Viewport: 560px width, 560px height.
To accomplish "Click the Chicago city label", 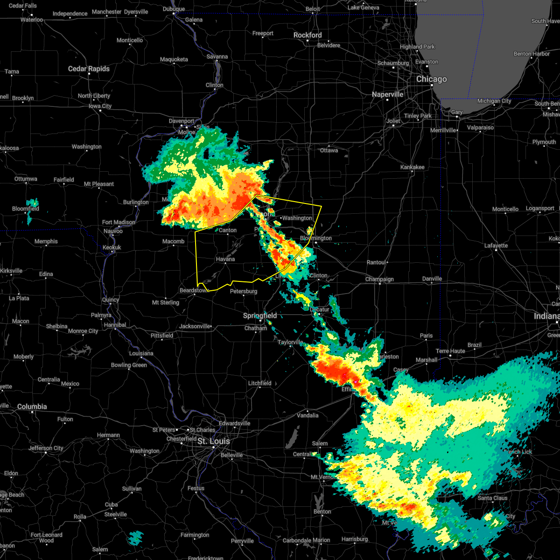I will click(x=431, y=79).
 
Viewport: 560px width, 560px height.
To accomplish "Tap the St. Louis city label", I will click(x=213, y=441).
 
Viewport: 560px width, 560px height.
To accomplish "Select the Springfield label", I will click(x=260, y=316).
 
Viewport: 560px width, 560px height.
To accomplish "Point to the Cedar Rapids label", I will click(x=89, y=69).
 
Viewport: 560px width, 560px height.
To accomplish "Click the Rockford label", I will click(x=308, y=35).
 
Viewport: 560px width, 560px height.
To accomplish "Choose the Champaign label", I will click(x=379, y=280).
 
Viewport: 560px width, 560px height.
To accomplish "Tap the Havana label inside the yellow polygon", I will click(x=225, y=259).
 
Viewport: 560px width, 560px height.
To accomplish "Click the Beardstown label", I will click(x=193, y=290).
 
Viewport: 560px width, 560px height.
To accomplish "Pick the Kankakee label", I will click(x=412, y=167).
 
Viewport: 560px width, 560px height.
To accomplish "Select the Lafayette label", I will click(x=496, y=245).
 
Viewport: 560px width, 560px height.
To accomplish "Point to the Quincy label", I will click(x=110, y=300).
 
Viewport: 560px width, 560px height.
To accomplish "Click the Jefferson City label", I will click(x=46, y=448).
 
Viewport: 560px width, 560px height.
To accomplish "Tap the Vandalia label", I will click(x=308, y=415).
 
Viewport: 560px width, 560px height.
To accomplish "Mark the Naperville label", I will click(x=387, y=94).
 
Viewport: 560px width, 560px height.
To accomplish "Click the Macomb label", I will click(x=173, y=241).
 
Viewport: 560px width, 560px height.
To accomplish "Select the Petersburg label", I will click(x=244, y=291).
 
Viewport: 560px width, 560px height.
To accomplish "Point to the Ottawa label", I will click(x=329, y=150).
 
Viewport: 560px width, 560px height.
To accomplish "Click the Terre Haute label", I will click(x=450, y=351).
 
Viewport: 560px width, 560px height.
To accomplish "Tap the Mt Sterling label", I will click(x=166, y=302).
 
